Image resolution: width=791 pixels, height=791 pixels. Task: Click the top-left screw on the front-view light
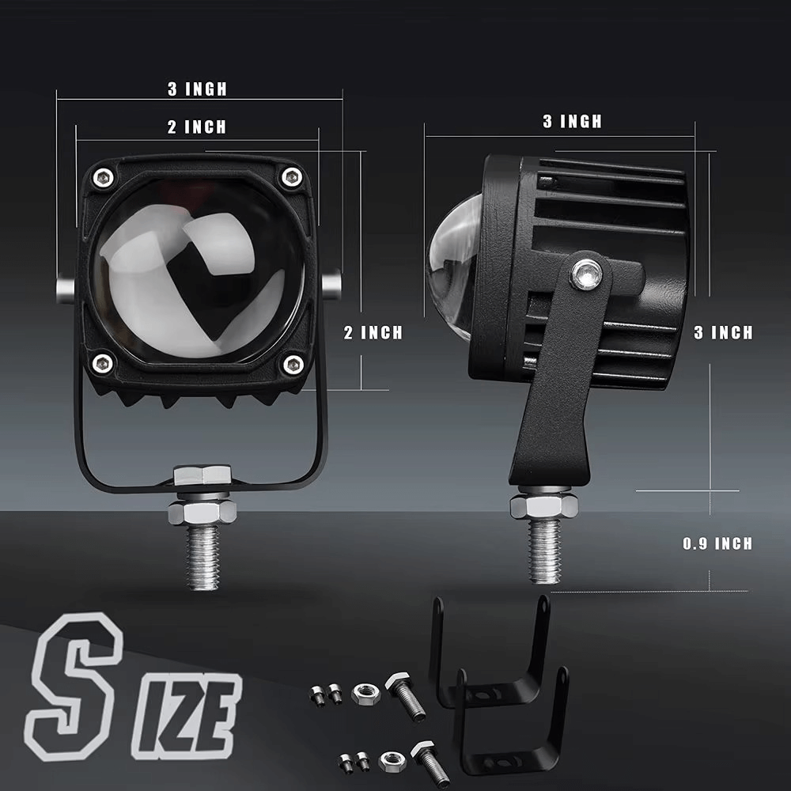pos(104,177)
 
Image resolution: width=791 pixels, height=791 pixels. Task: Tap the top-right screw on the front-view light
pos(292,176)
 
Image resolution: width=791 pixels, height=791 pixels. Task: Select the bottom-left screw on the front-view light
pos(102,363)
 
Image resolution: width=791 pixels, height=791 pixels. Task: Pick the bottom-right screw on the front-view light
pos(293,364)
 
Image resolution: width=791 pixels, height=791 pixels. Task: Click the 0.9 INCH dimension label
pos(717,543)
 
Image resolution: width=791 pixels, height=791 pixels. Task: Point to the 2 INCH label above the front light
pos(197,127)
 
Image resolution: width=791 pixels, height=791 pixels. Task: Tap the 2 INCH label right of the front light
pos(373,332)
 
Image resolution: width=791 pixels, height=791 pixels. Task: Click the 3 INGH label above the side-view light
pos(573,121)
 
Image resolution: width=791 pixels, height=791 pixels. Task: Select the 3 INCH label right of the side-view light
pos(724,332)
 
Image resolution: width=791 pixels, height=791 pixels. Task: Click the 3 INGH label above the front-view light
pos(197,89)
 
